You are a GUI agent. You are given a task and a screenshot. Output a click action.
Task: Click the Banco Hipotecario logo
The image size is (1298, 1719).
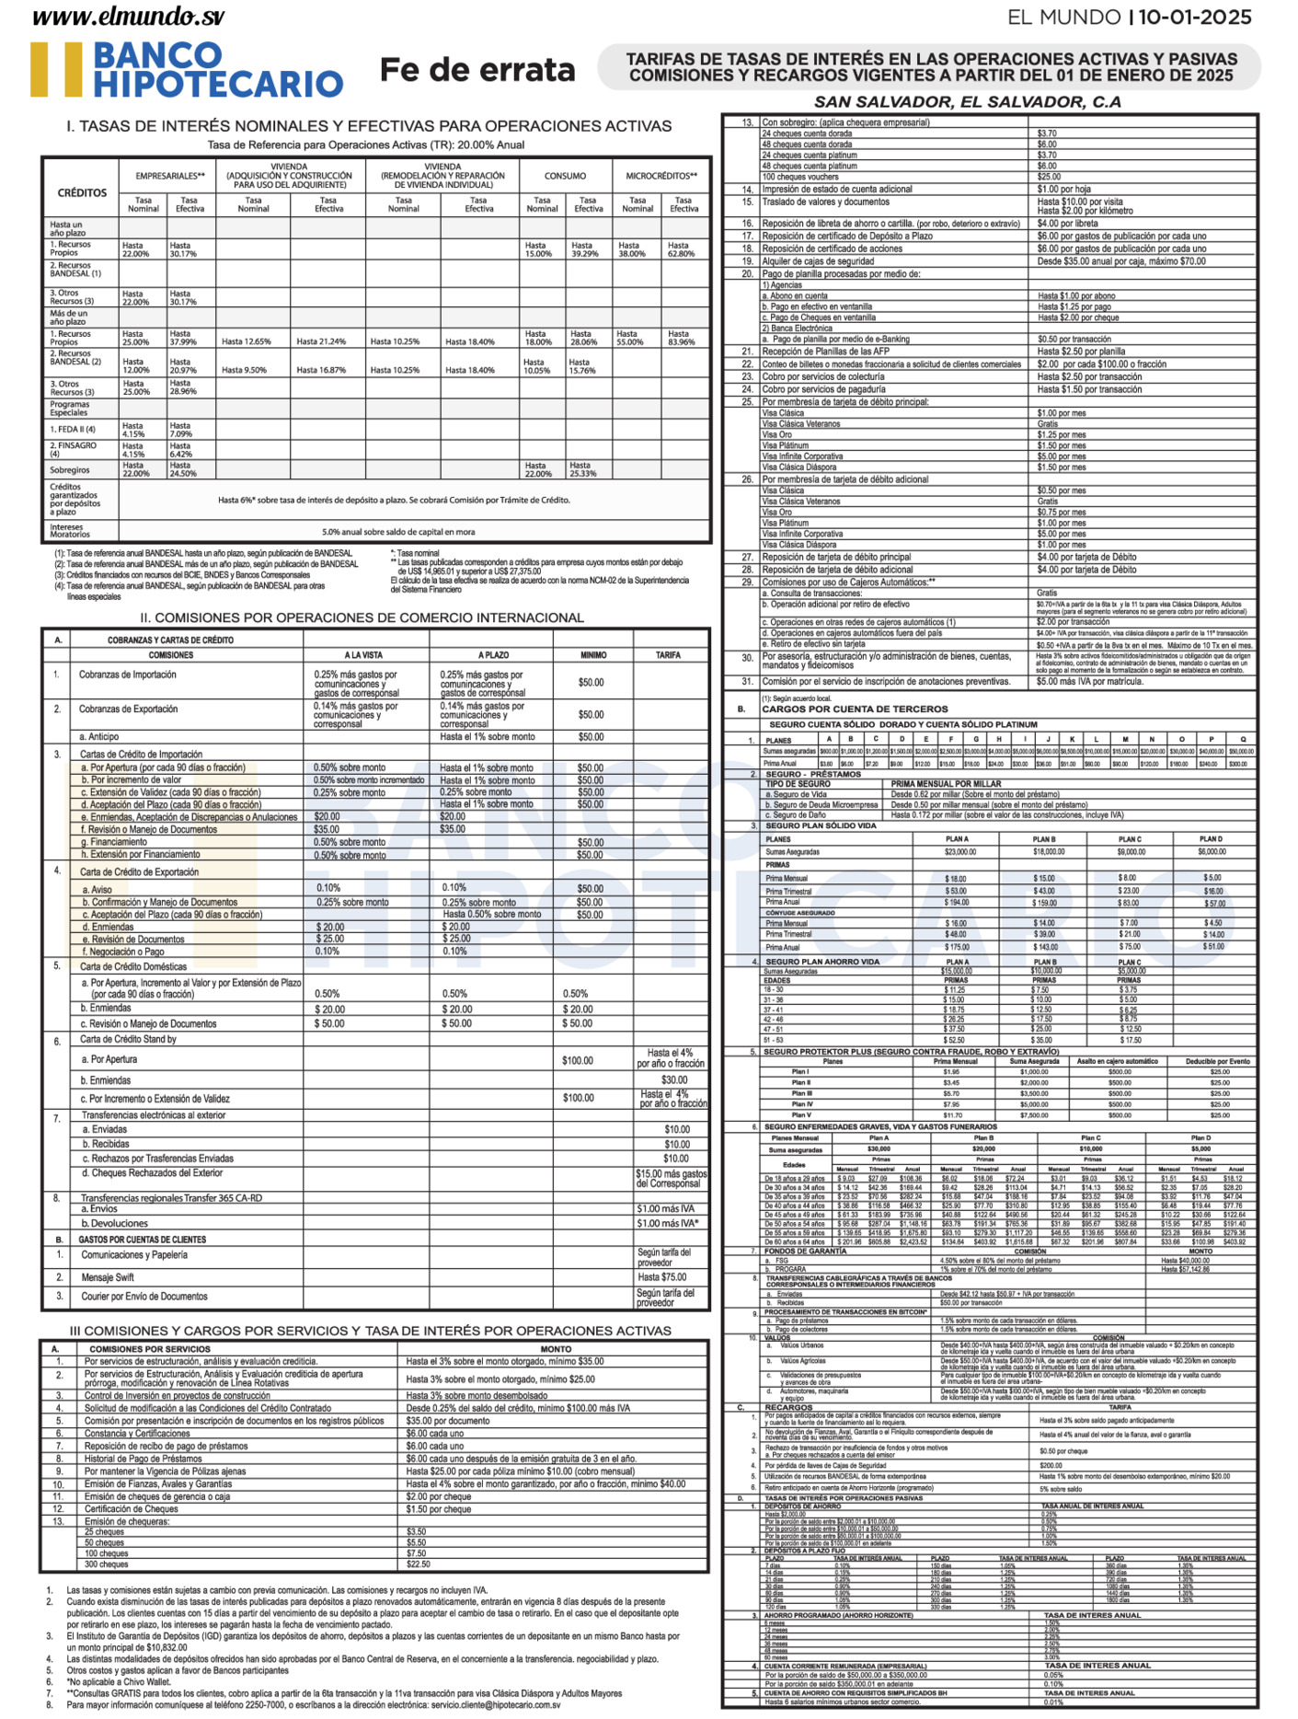pos(188,69)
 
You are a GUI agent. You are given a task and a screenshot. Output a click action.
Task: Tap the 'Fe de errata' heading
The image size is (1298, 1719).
pos(477,70)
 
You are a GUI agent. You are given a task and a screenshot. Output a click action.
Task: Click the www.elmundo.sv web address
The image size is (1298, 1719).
pos(128,17)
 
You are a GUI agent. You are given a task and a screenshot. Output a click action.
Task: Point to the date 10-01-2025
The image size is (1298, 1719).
pos(1197,17)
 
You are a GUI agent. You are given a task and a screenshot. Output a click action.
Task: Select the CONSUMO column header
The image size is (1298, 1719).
pos(565,176)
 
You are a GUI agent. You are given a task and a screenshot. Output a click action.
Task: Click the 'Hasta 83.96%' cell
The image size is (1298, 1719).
pos(682,338)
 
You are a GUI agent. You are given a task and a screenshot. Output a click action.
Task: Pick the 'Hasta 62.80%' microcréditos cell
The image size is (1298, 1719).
pos(682,249)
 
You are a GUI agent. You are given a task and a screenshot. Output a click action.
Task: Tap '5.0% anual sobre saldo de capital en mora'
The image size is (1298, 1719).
pos(398,532)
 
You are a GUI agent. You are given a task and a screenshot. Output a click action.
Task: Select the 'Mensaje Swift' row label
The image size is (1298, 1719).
pos(108,1277)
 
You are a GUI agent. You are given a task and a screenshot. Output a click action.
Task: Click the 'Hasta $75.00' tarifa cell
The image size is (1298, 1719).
pos(662,1277)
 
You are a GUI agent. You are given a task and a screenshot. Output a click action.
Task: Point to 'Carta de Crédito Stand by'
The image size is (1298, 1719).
pos(128,1039)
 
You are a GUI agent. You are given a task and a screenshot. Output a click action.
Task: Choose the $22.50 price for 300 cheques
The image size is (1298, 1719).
pos(418,1564)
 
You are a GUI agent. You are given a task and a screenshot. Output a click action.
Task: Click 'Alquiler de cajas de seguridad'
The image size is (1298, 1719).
pos(818,261)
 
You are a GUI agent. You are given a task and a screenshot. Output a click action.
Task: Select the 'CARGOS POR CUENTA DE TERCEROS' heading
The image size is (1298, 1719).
pos(855,710)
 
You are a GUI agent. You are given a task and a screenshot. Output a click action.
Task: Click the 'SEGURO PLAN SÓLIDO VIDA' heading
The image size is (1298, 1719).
pos(822,825)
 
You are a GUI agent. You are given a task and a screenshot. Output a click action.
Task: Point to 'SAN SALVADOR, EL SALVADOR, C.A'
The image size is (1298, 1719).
pos(967,102)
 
